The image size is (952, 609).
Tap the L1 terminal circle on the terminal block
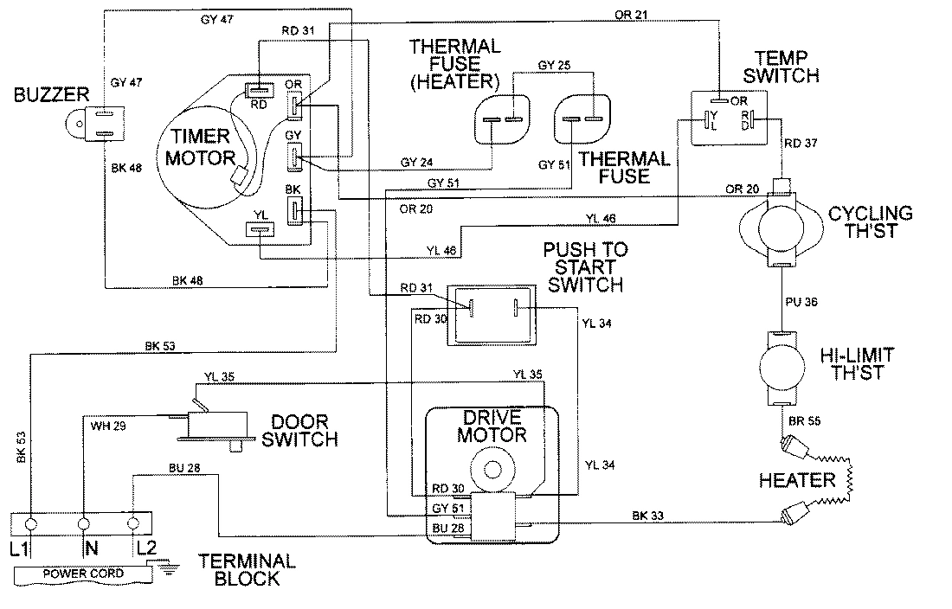pos(31,524)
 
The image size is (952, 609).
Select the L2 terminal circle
pos(133,524)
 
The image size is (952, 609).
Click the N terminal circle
pos(83,524)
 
